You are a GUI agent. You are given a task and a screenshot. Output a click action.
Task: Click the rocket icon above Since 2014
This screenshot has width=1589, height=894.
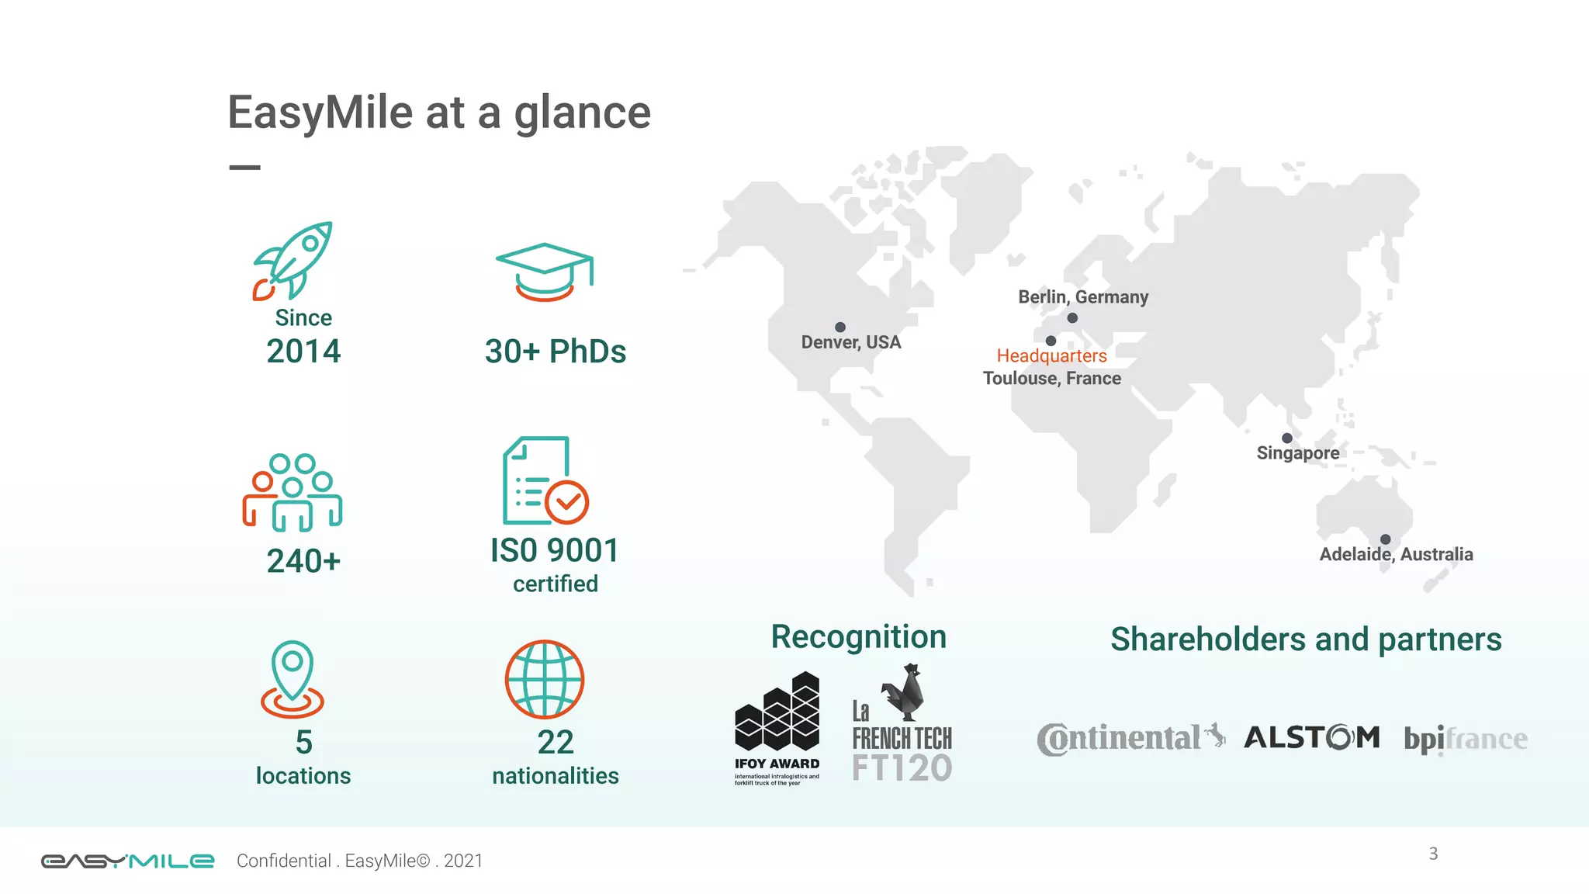293,261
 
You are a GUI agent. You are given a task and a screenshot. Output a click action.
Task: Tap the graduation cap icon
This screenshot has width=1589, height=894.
545,272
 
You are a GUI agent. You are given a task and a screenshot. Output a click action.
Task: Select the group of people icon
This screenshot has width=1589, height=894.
293,492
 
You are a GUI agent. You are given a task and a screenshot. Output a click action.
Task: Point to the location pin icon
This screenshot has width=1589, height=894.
293,679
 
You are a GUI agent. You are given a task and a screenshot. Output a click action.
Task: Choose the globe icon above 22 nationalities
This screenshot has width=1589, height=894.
545,679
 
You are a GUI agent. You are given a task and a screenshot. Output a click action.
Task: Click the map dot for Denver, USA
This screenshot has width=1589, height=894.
840,327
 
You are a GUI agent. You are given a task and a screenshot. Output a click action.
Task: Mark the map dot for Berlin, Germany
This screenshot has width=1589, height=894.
1072,318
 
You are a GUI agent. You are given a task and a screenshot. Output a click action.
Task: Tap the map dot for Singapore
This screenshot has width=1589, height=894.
1287,438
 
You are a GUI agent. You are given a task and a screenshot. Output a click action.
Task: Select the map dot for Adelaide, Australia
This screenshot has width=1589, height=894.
1386,539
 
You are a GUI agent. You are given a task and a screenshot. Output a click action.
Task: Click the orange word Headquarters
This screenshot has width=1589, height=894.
1051,356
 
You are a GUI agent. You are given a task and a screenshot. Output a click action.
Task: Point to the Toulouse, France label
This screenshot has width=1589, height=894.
1051,379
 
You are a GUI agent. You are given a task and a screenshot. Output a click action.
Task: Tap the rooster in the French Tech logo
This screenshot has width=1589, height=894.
905,691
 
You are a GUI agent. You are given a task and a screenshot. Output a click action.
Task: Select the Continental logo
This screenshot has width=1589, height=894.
1130,738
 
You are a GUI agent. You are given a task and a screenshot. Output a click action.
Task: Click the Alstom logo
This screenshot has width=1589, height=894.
1312,737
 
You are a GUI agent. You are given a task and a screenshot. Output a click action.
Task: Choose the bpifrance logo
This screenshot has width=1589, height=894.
1465,739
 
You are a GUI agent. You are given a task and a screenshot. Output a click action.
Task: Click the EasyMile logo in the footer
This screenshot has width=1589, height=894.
127,861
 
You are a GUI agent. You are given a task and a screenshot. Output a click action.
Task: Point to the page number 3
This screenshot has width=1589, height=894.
1433,854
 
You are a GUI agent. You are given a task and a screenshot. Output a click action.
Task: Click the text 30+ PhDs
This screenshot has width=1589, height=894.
556,352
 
